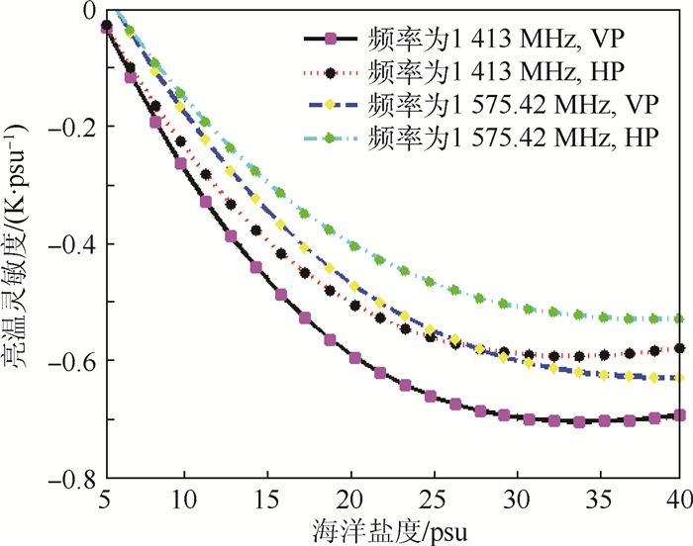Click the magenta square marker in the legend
[332, 40]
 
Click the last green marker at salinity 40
[679, 318]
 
